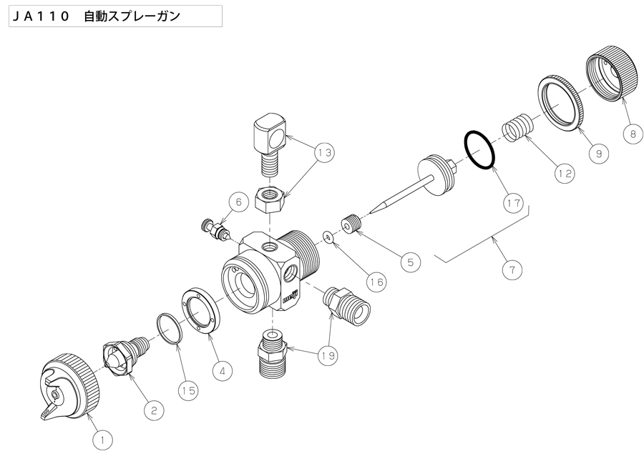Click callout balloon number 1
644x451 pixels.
[x=102, y=441]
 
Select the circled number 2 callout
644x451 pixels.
[x=154, y=410]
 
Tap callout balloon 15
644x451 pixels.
[x=188, y=391]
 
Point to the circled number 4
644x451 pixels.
[x=223, y=372]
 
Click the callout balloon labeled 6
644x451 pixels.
[x=238, y=202]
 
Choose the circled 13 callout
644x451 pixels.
[x=324, y=153]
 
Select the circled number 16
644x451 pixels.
[x=376, y=282]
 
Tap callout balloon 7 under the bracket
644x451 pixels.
[x=512, y=269]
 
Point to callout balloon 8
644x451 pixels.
[x=633, y=134]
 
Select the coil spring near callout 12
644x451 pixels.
[x=517, y=128]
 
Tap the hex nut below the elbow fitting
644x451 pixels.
[x=269, y=199]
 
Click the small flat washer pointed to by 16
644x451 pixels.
[x=328, y=237]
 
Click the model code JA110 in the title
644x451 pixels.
[x=41, y=16]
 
